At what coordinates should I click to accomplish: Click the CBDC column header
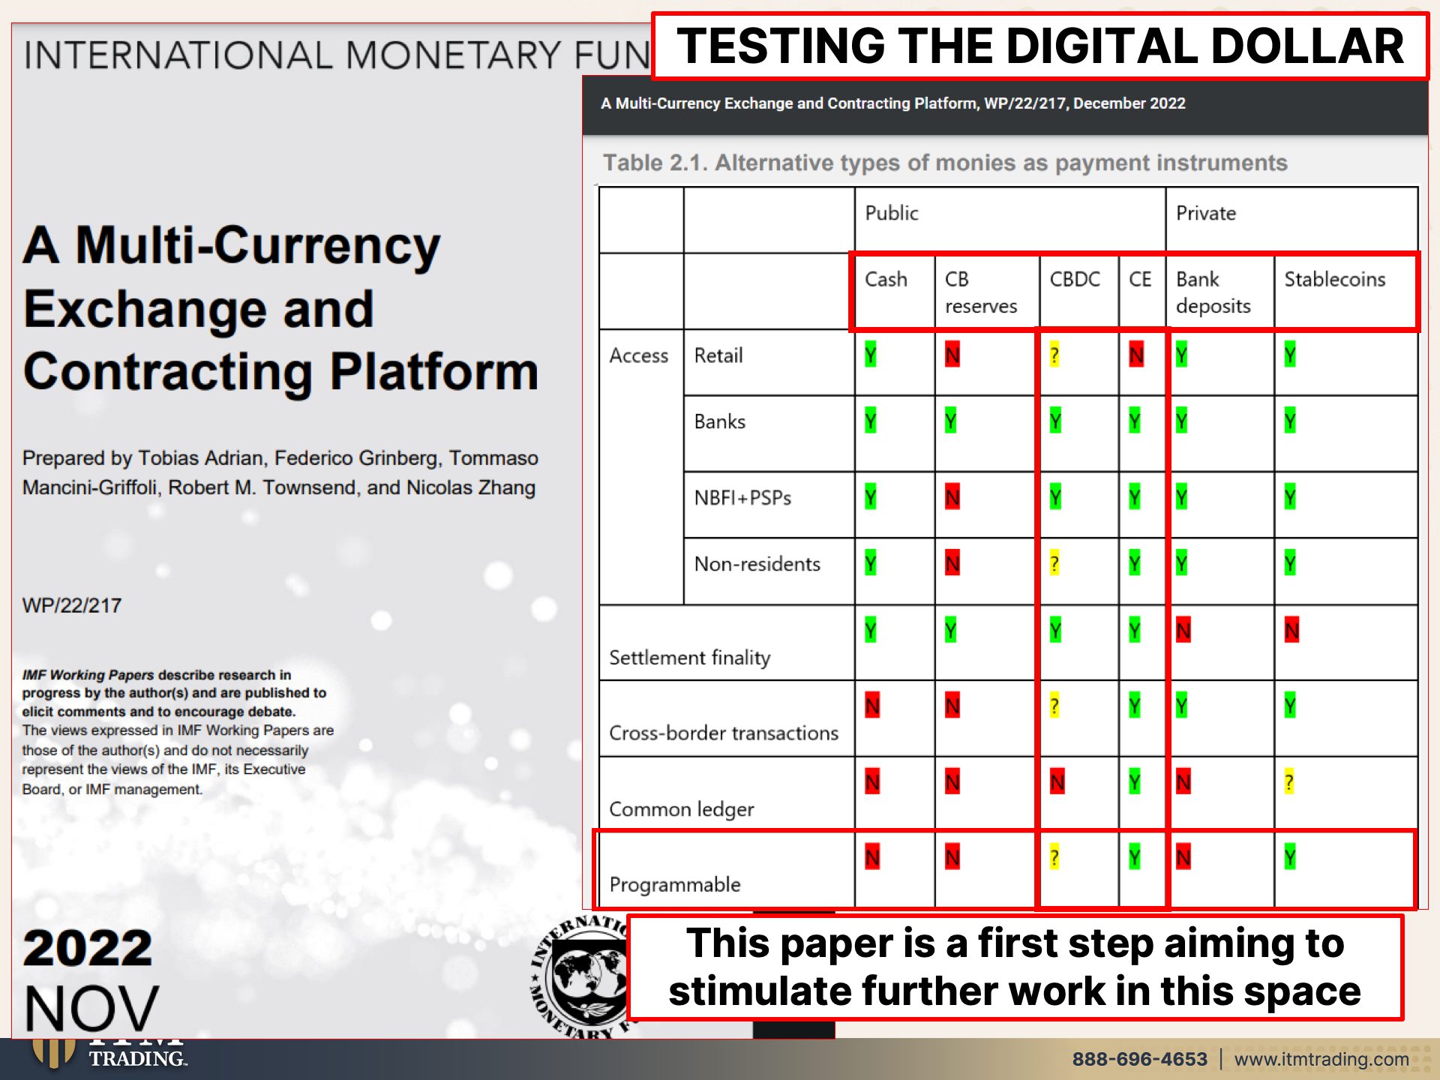[1075, 279]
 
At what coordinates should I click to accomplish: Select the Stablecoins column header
[1335, 279]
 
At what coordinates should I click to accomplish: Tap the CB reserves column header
[981, 292]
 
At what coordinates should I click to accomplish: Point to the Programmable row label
[675, 885]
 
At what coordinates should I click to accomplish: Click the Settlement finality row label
[690, 658]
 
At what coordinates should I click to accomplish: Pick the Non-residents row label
[757, 564]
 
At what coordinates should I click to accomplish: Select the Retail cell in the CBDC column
[1054, 354]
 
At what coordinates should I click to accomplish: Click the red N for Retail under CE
[1136, 354]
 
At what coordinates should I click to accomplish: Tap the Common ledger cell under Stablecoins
[1289, 782]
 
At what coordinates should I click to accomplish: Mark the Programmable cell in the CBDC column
[1054, 857]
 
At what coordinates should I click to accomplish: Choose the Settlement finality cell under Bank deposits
[1183, 631]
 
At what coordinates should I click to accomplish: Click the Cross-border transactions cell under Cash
[872, 706]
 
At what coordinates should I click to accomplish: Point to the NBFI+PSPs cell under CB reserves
[952, 497]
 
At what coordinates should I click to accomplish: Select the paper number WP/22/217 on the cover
[72, 605]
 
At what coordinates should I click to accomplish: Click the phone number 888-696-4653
[1140, 1059]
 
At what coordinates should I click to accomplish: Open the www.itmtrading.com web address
[1321, 1059]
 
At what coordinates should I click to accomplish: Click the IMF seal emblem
[581, 975]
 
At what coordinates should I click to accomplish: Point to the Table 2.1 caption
[945, 163]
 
